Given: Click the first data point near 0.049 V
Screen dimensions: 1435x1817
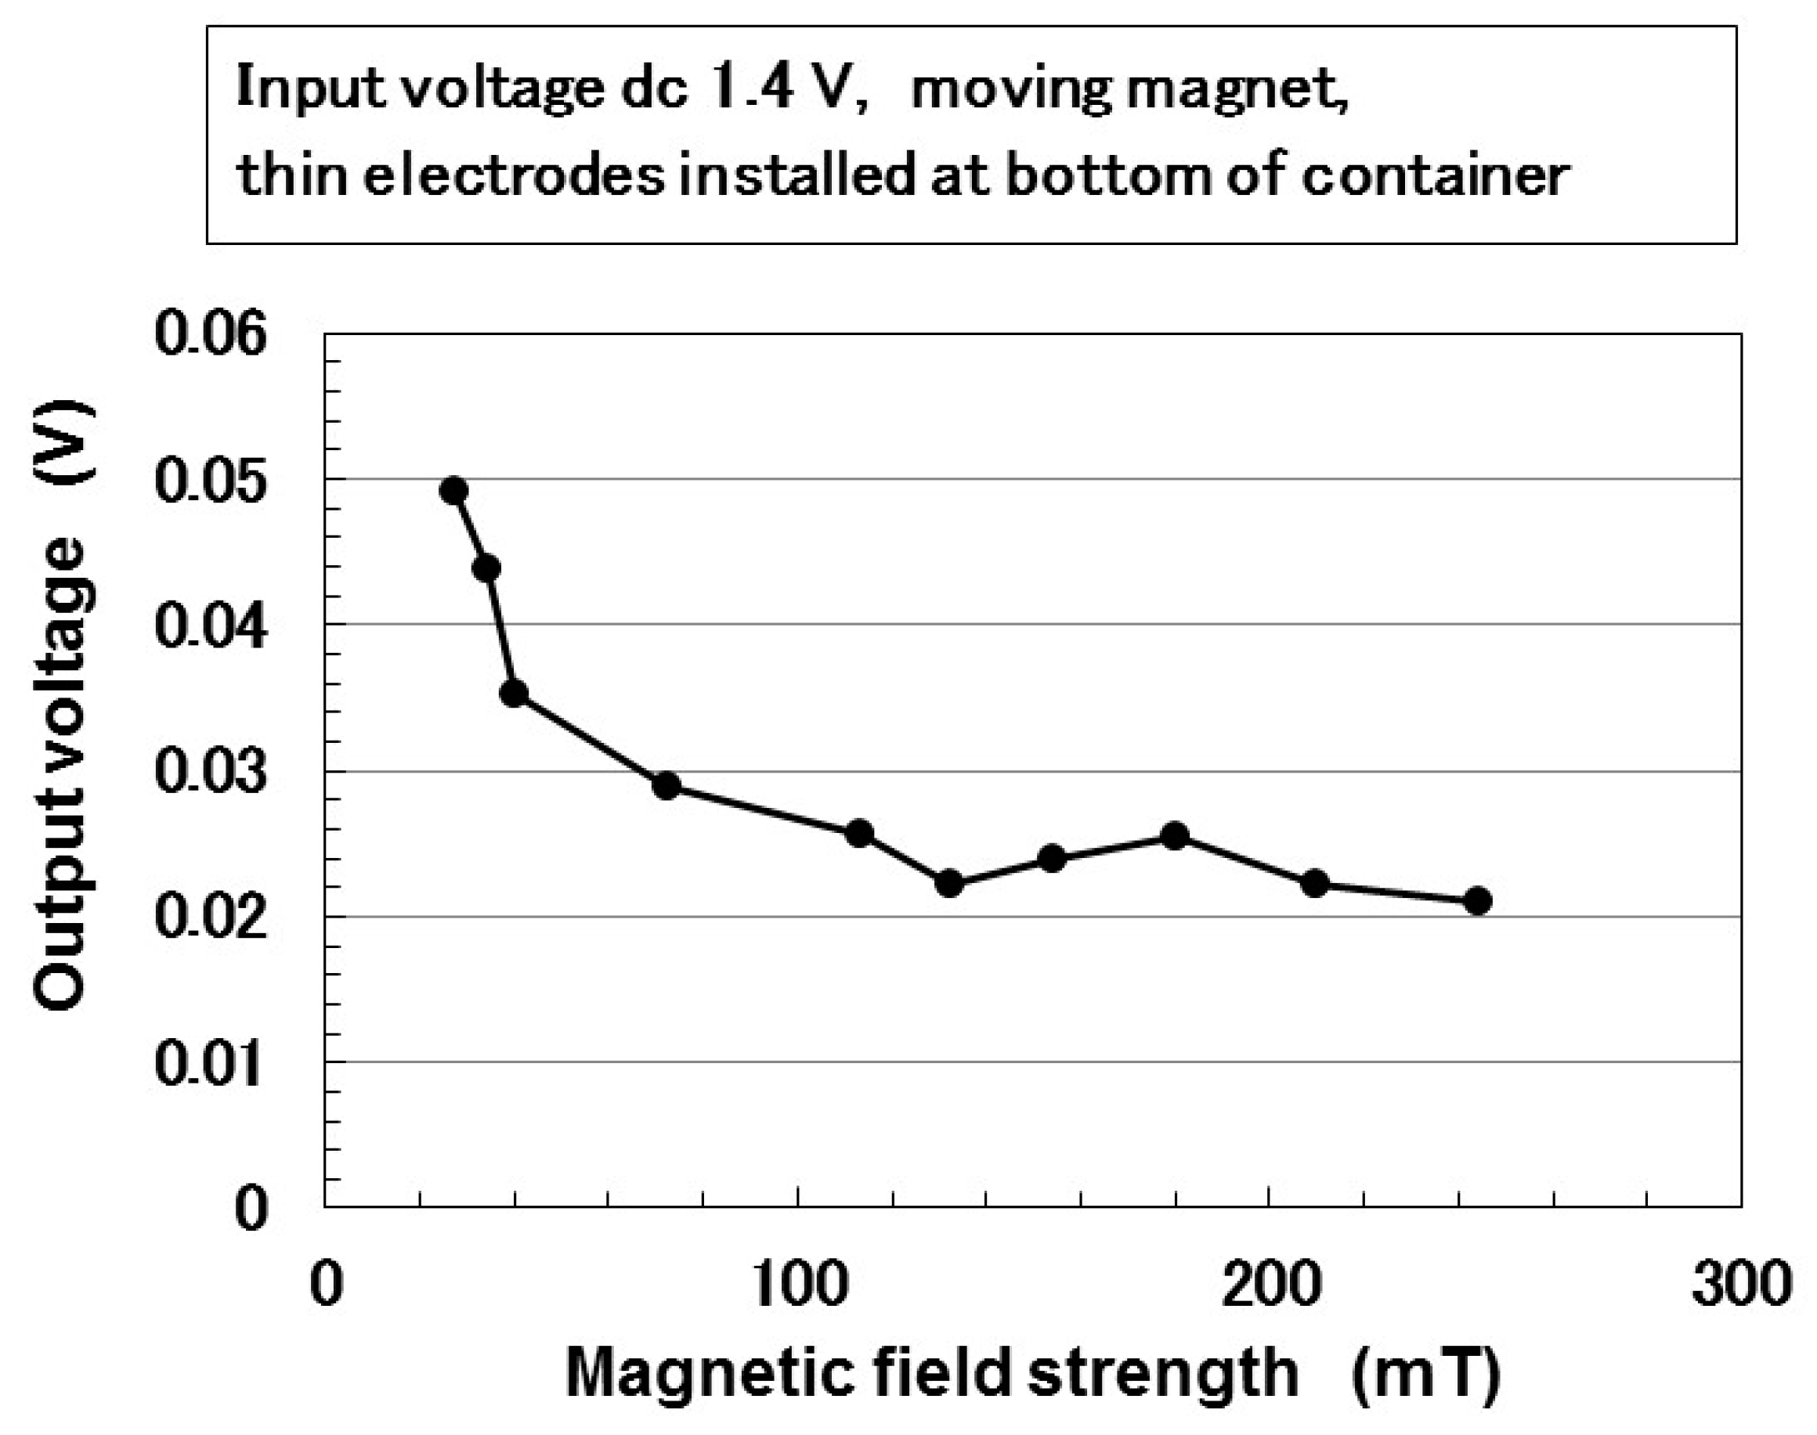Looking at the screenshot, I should coord(453,491).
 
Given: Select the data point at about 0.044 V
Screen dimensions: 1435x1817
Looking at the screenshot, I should coord(486,569).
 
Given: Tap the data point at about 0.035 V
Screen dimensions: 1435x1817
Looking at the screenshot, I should coord(515,693).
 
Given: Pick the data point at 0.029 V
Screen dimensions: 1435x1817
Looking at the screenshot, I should coord(666,787).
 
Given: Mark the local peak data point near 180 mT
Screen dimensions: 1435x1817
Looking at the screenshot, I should coord(1174,836).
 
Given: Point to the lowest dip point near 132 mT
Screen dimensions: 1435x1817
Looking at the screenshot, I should coord(950,884).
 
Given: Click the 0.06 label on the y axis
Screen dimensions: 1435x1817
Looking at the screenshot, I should coord(211,334).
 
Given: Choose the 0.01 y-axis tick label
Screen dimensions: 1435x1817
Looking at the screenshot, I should coord(211,1063).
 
